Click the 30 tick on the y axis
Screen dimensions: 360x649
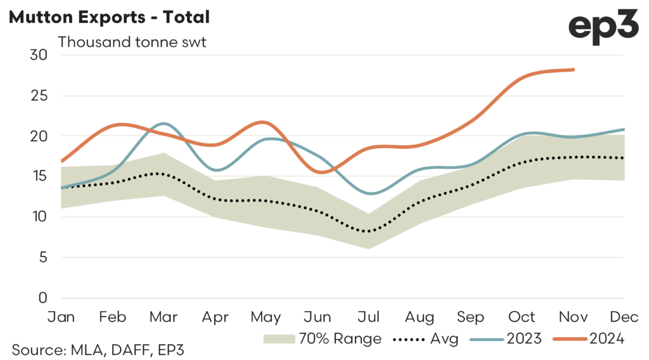coord(39,55)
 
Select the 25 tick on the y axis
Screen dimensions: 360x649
coord(39,96)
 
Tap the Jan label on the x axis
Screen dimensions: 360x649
coord(61,316)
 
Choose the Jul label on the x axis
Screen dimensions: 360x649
coord(368,316)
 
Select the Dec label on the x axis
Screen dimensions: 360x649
coord(624,316)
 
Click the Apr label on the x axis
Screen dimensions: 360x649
coord(215,316)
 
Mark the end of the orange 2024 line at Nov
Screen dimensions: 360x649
coord(574,70)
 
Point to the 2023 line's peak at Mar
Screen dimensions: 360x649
coord(164,124)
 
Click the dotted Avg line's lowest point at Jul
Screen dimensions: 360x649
coord(368,231)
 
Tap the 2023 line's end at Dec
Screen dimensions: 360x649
coord(624,129)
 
